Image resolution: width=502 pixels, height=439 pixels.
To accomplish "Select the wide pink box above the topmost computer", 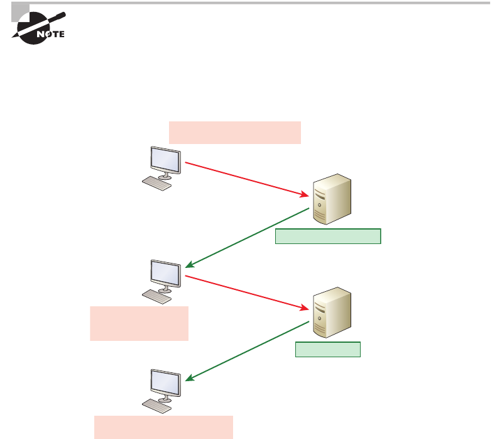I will point(235,133).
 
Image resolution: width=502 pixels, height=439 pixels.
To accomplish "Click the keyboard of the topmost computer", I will point(156,182).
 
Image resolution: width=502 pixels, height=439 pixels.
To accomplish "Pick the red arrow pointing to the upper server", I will point(249,180).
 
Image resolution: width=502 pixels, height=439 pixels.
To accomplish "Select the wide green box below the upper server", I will point(328,236).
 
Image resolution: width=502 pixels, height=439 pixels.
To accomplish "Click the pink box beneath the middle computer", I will point(139,323).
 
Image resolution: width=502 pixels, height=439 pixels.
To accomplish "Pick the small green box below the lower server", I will point(328,350).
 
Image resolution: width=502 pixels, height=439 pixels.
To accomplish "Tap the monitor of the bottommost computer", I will point(165,383).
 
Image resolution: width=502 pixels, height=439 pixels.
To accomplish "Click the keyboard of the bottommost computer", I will point(156,406).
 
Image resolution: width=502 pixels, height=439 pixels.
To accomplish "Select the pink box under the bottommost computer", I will point(163,426).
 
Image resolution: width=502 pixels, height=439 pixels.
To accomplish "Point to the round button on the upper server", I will point(320,205).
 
